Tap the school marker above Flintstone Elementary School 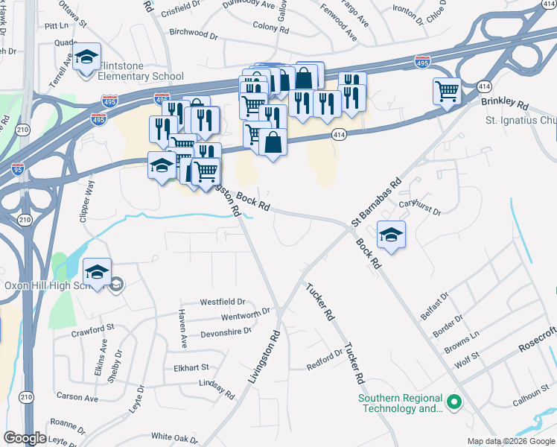[x=87, y=57]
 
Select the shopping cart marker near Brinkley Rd [x=447, y=92]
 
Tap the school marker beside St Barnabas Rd [x=391, y=235]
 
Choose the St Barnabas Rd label [x=376, y=202]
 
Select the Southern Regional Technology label [x=401, y=403]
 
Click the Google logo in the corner [x=25, y=438]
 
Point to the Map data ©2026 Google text [x=510, y=441]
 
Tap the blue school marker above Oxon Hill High [x=97, y=272]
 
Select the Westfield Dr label [x=222, y=302]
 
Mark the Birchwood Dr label [x=193, y=34]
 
